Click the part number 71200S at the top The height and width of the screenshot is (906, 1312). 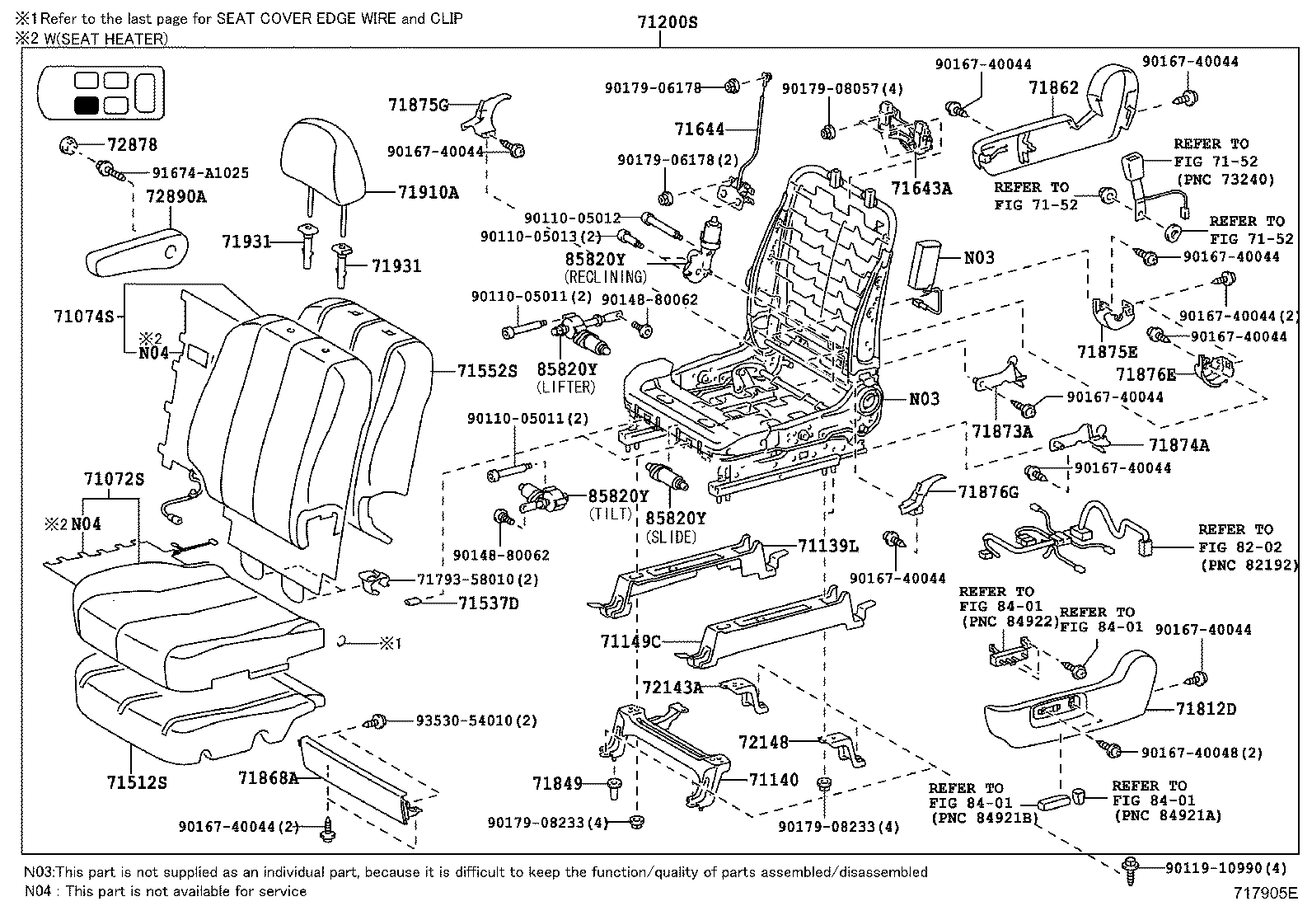tap(667, 22)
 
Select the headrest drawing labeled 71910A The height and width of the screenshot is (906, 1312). tap(322, 162)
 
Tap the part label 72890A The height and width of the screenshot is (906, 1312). tap(176, 198)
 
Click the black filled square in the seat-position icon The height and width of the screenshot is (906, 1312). tap(87, 106)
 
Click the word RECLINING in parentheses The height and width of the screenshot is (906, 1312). tap(606, 276)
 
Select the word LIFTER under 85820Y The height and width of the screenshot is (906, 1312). tap(565, 386)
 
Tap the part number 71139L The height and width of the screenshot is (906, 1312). tap(828, 546)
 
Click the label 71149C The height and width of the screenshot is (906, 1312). tap(630, 641)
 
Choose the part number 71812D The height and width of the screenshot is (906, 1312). tap(1206, 709)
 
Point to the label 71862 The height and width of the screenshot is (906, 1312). tap(1053, 87)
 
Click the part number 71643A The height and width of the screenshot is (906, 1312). tap(921, 189)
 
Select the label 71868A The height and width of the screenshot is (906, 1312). tap(268, 777)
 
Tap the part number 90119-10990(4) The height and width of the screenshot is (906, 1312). tap(1225, 868)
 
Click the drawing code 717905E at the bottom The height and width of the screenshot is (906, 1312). tap(1265, 893)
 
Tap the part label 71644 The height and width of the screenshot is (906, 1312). tap(699, 129)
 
